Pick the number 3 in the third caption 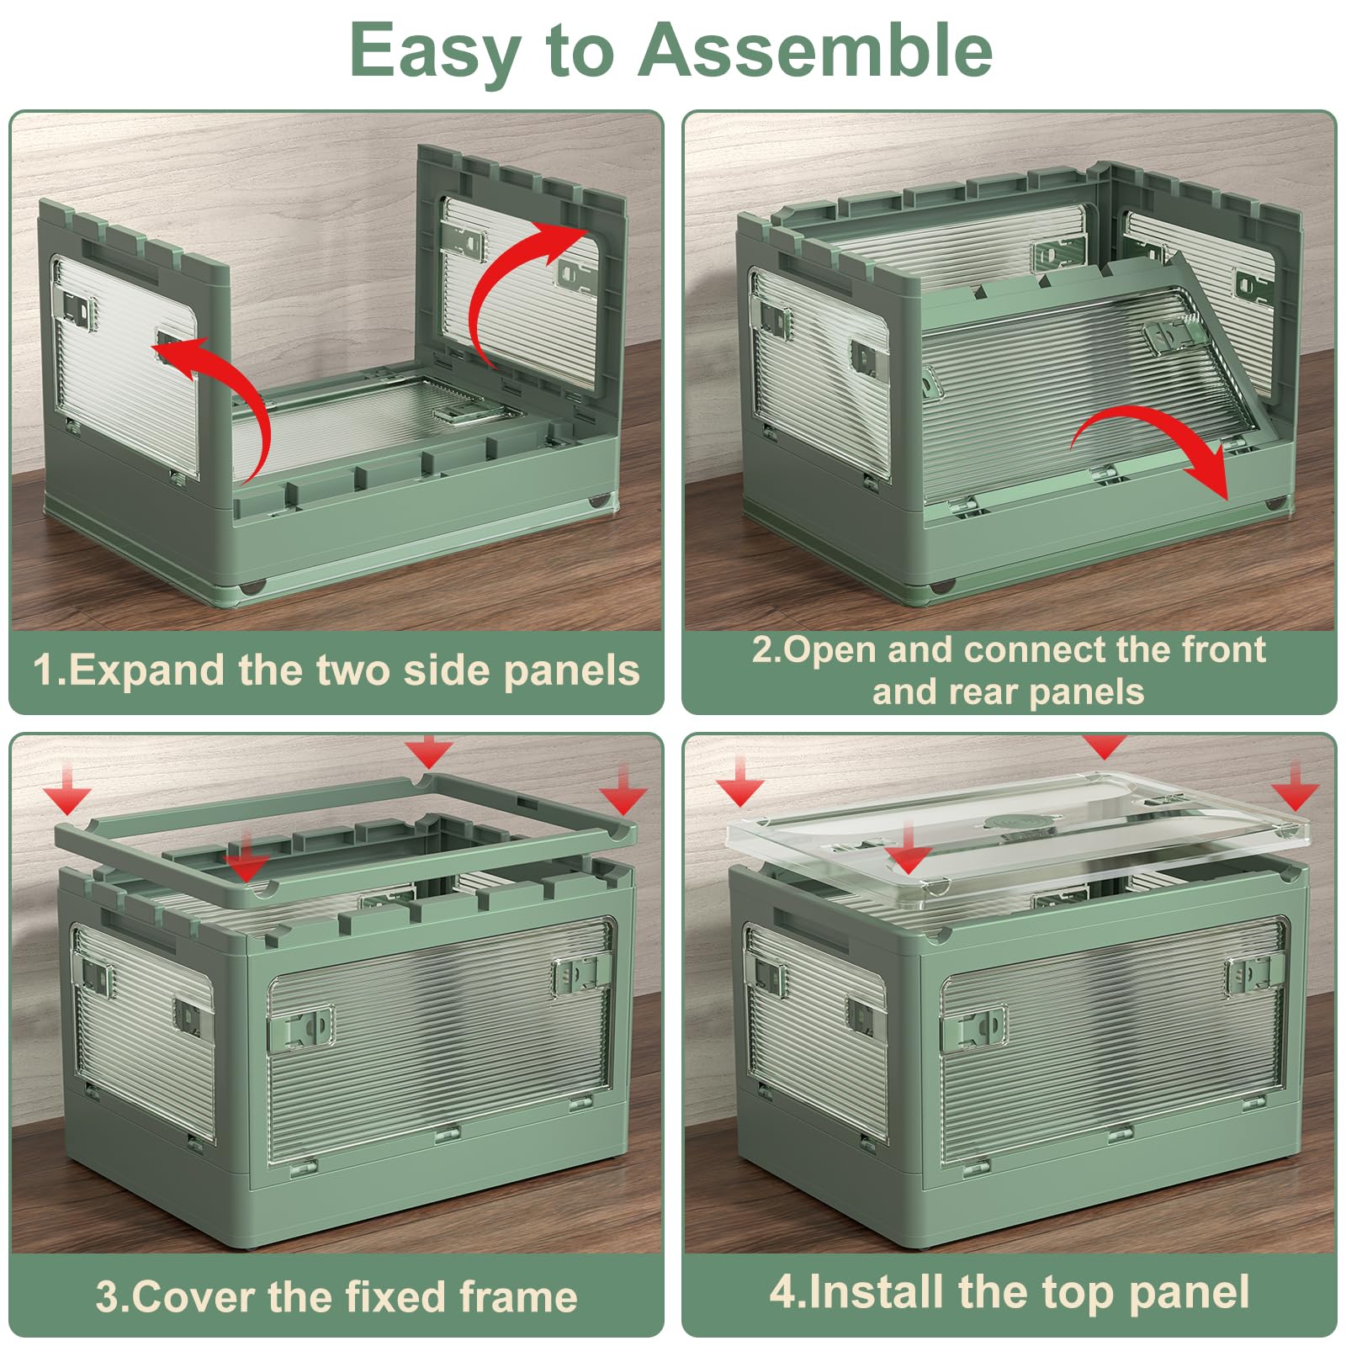pyautogui.click(x=107, y=1296)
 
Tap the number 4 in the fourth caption pyautogui.click(x=782, y=1292)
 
